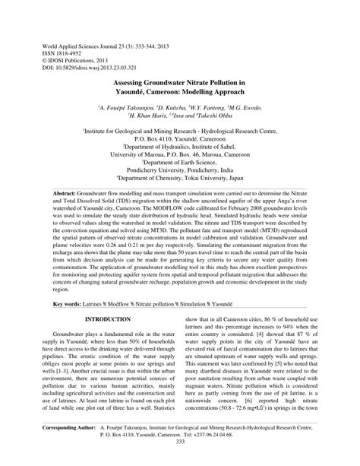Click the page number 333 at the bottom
180,442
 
